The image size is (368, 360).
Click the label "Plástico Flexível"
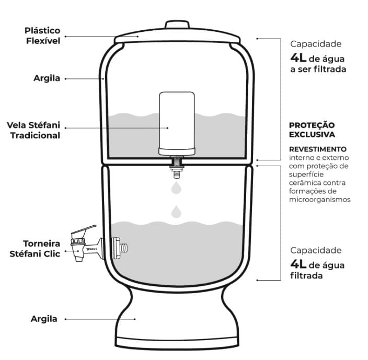pos(42,36)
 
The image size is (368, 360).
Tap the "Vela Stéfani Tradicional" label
pos(33,130)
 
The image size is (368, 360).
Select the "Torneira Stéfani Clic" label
pos(35,249)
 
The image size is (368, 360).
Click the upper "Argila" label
pos(47,78)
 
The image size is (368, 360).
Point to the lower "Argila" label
pos(44,319)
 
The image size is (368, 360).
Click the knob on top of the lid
pos(177,25)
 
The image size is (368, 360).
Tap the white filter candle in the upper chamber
pos(177,123)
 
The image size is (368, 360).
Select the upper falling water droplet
pos(176,187)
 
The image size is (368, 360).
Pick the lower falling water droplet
pos(176,212)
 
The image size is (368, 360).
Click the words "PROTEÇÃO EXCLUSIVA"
pos(312,130)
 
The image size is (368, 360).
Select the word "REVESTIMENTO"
pos(318,149)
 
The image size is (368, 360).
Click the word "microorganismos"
pos(320,200)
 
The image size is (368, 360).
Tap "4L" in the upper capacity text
pos(298,57)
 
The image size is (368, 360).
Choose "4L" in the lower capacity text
pos(298,264)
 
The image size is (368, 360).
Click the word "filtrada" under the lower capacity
pos(306,275)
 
